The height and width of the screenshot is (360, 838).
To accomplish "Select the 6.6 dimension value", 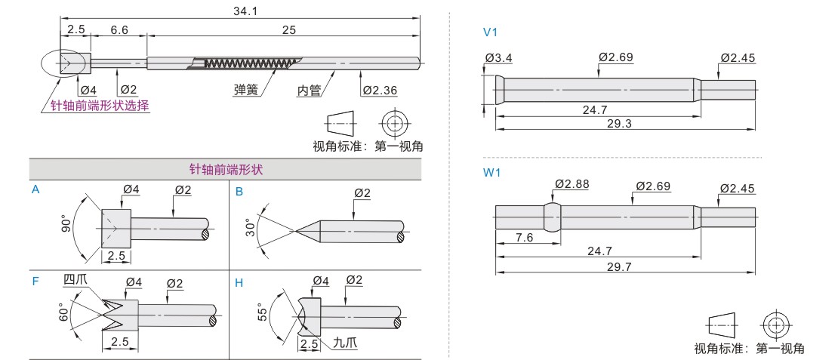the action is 119,30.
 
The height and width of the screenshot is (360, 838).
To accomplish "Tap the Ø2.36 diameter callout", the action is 380,91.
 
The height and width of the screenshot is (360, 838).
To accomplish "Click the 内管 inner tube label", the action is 309,91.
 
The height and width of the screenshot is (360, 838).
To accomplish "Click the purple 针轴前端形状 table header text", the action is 226,170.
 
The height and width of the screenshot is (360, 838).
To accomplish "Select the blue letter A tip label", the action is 35,189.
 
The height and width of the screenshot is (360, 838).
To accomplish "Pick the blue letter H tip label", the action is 239,282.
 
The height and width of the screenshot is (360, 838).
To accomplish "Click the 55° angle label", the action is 263,313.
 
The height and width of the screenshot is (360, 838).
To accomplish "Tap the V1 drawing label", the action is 490,32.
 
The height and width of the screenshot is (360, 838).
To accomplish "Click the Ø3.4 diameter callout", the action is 498,57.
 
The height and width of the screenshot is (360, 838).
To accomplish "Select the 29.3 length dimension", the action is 620,123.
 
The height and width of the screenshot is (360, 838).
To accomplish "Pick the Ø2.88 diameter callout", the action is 572,185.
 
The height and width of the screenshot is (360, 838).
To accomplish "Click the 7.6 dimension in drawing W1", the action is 524,237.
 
